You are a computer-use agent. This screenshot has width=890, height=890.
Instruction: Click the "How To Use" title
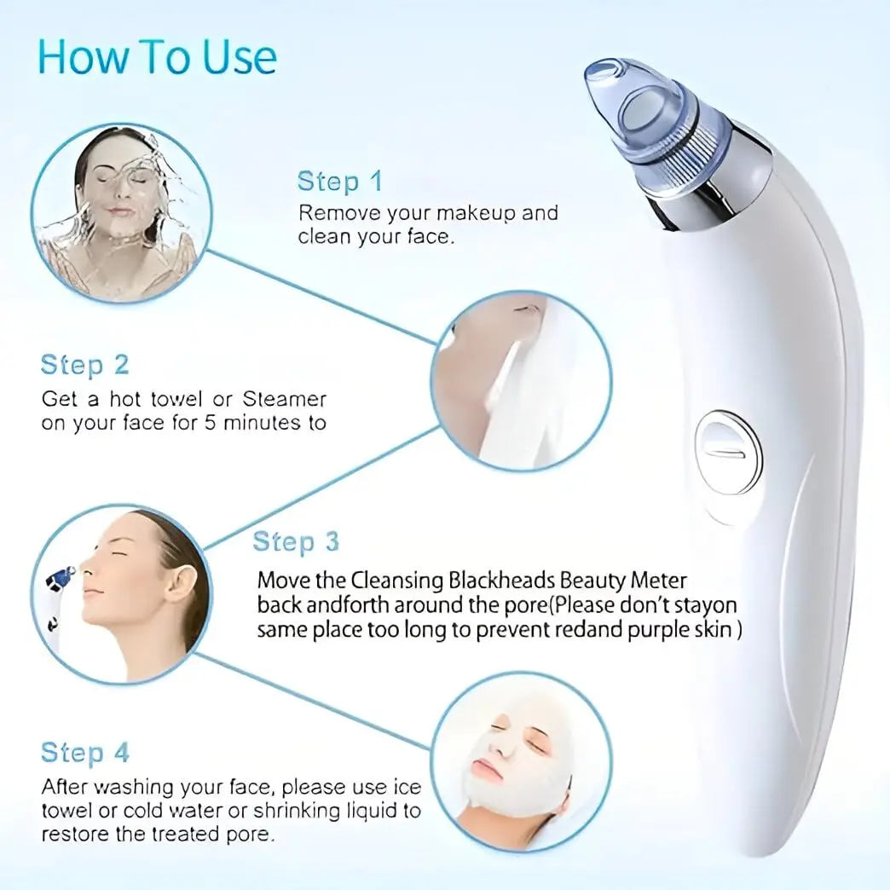click(x=158, y=56)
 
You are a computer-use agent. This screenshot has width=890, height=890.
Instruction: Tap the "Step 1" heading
click(x=339, y=182)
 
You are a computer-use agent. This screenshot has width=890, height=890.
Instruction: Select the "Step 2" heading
click(x=84, y=365)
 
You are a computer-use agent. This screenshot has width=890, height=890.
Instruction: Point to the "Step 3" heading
click(x=296, y=541)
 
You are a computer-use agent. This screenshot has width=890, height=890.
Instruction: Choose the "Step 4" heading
click(x=84, y=753)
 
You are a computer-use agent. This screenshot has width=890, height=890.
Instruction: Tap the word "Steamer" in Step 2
click(x=285, y=398)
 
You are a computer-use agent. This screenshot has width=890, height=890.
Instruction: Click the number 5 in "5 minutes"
click(x=209, y=422)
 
